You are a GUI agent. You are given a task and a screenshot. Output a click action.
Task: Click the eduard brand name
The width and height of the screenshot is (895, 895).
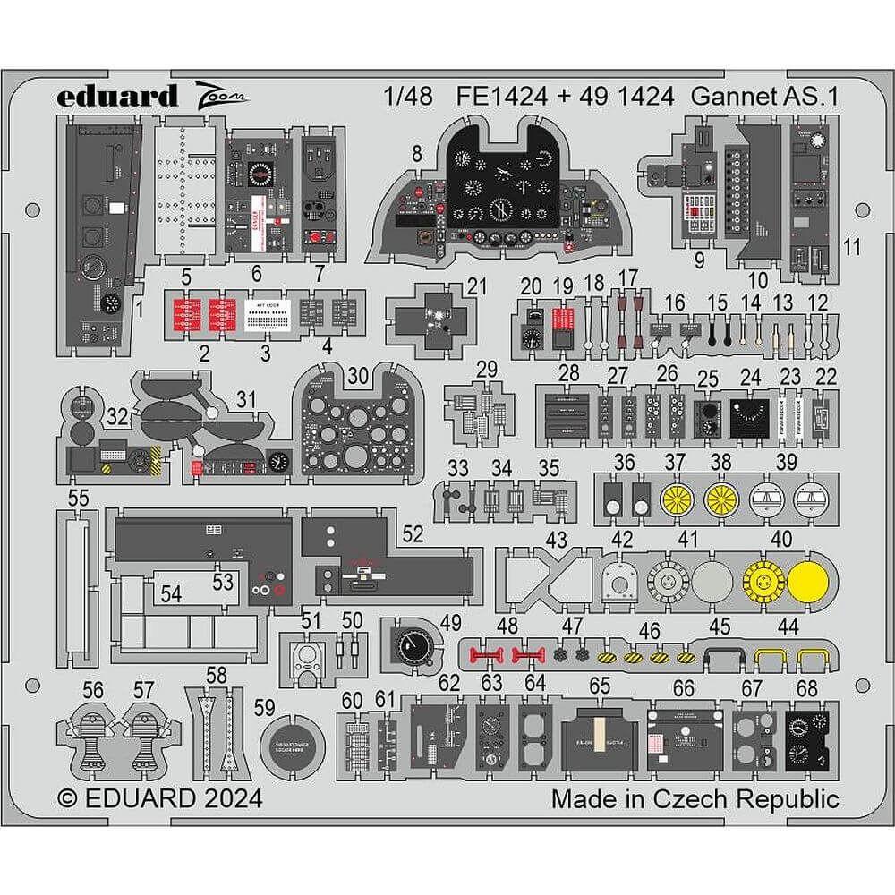(x=120, y=96)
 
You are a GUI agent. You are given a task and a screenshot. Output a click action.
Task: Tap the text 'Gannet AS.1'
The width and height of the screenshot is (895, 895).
(x=763, y=98)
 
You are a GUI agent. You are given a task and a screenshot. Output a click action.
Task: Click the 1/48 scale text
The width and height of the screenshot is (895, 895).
(x=411, y=98)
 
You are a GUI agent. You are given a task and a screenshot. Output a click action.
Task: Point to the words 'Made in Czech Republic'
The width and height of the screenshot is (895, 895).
(x=695, y=798)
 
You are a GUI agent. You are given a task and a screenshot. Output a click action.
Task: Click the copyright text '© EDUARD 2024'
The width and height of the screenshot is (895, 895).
(x=160, y=798)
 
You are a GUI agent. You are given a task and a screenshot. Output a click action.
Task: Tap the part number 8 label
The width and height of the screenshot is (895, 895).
(x=417, y=154)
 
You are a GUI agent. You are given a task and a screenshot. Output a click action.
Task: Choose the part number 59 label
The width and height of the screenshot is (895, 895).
(x=264, y=707)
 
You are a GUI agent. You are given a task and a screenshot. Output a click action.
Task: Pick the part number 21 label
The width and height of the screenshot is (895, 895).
(x=477, y=286)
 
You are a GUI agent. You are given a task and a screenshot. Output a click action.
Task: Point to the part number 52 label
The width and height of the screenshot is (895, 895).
(x=413, y=534)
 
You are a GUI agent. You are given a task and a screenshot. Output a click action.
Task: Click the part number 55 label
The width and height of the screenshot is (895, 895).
(x=79, y=499)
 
